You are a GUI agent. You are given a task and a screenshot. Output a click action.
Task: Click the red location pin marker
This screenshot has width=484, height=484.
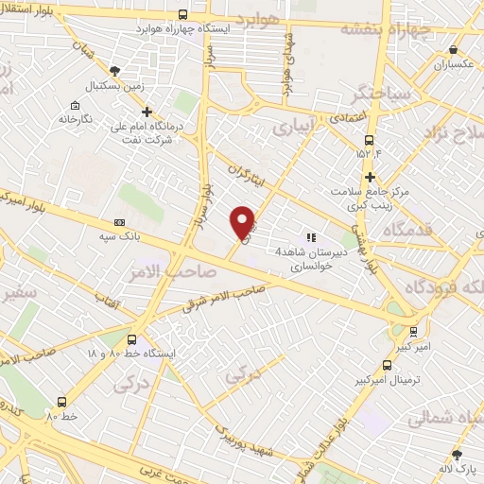point(243,221)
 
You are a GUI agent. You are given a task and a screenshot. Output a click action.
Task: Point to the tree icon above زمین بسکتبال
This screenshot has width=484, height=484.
point(115,69)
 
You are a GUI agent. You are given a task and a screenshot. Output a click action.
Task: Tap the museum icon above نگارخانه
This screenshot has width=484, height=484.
point(74,105)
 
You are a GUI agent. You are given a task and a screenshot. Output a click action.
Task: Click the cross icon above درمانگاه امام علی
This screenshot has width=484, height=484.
point(147,112)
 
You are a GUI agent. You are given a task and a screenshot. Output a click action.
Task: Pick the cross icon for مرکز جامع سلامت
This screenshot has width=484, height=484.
point(370,176)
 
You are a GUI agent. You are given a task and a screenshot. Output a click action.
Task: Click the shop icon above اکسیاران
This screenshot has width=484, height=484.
point(454,50)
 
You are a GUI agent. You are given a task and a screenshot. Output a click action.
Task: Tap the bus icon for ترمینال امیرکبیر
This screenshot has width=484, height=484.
point(387,365)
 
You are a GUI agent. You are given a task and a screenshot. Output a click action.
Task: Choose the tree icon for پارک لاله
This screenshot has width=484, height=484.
point(458,455)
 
